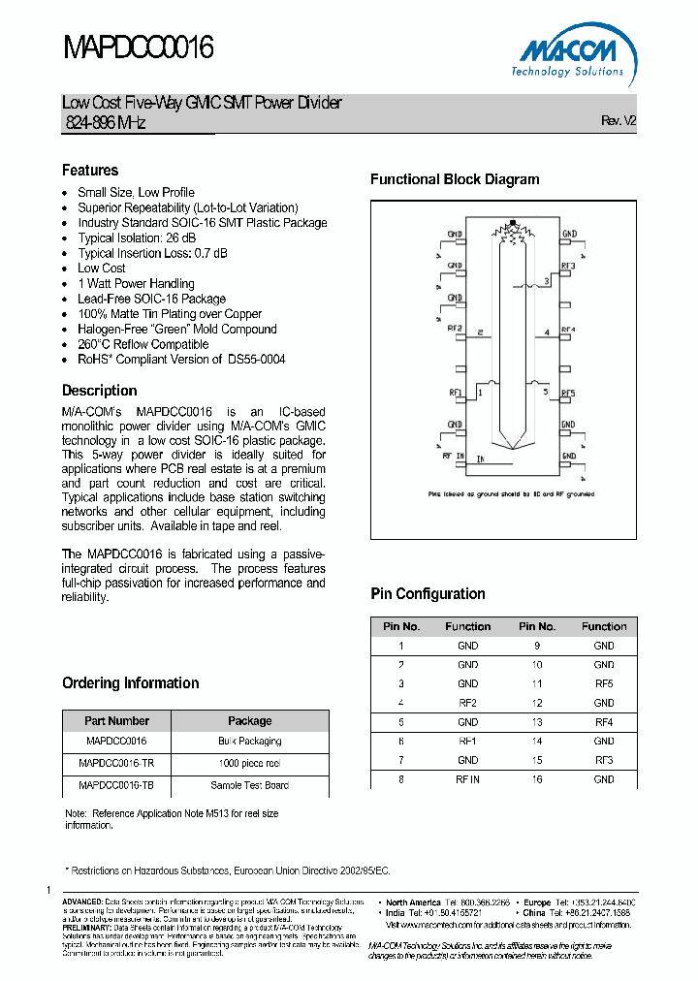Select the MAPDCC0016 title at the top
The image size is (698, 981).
138,47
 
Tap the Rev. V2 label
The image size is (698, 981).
618,121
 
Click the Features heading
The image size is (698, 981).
90,171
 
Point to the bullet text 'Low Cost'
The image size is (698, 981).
102,269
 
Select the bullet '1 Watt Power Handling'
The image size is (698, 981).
136,284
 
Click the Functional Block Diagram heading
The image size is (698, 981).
455,179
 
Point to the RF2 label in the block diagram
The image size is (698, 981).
456,330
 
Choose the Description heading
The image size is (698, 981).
100,391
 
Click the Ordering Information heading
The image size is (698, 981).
131,683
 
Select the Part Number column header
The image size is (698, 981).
116,721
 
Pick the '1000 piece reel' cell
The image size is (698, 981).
250,764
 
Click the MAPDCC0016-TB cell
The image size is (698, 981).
116,785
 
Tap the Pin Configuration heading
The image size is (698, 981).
428,594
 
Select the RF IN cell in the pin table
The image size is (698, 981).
468,779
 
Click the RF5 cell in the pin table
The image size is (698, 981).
604,684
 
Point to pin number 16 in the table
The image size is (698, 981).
537,779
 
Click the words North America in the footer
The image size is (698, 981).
413,902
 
